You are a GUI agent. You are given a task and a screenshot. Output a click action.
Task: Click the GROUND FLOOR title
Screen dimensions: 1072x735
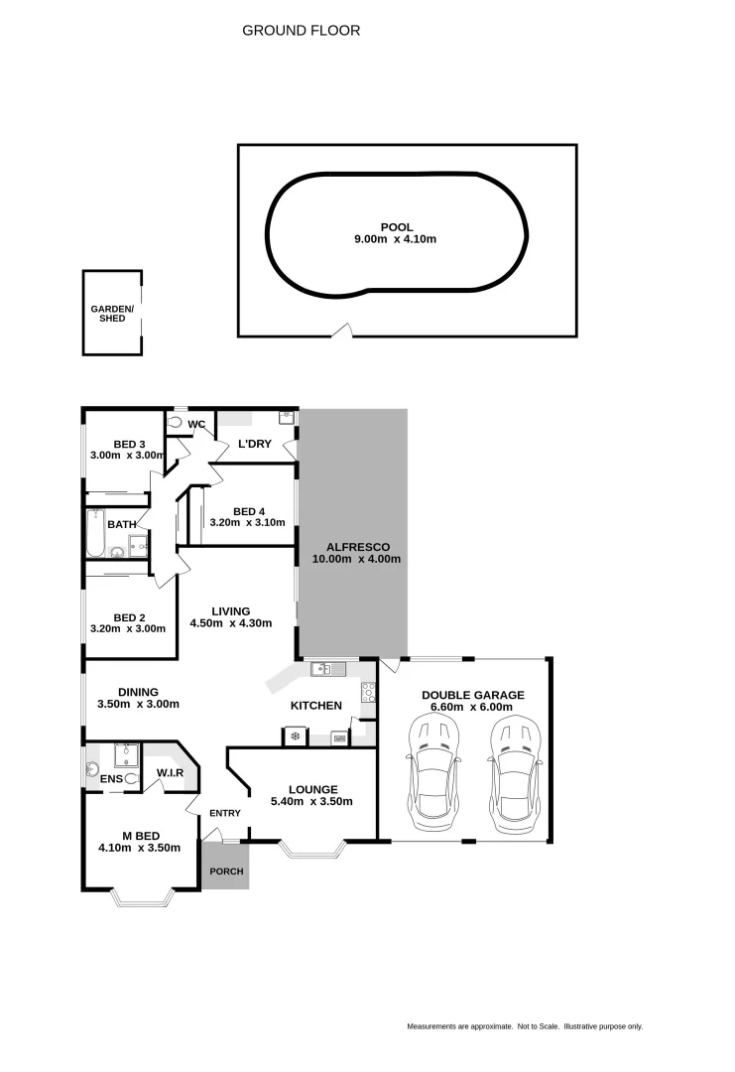[301, 31]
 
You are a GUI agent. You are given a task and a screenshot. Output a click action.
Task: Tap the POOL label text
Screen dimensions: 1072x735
[397, 227]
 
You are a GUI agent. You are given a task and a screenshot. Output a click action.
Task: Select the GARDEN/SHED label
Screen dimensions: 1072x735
[112, 314]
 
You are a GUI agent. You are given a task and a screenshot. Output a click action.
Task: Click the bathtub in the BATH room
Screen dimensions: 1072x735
[95, 532]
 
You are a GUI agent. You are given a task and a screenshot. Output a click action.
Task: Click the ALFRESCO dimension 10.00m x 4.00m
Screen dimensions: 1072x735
[356, 559]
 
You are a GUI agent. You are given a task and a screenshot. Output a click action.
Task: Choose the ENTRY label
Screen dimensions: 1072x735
[225, 813]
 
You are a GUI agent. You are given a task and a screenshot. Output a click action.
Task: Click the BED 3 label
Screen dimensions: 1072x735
[129, 444]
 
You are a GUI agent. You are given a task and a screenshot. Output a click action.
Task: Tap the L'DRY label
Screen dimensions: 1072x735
[254, 444]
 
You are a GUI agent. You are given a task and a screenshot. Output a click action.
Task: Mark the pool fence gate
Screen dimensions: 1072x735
[341, 331]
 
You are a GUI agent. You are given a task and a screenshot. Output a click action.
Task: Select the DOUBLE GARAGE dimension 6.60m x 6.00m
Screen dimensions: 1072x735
[472, 708]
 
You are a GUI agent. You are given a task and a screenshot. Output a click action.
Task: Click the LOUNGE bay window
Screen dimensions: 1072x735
[312, 850]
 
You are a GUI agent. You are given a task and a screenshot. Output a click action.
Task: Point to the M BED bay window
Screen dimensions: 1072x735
[144, 897]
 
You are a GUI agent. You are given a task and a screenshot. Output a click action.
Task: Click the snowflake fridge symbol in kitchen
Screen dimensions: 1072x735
[295, 737]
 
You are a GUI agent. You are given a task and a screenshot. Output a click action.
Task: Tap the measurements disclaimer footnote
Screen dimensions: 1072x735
[524, 1026]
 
